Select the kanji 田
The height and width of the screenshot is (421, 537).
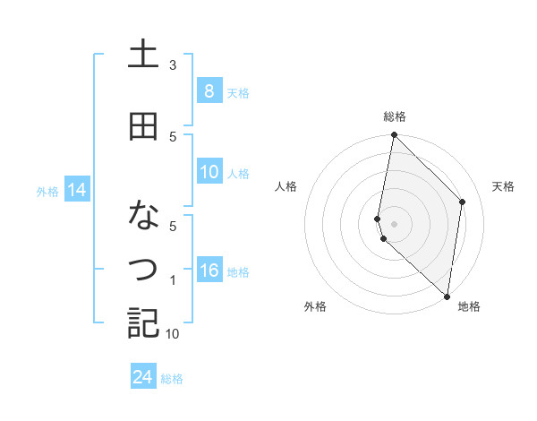point(143,126)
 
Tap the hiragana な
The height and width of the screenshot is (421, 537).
point(143,216)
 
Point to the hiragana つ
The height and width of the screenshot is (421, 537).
point(143,268)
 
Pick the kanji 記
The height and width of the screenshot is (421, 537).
point(143,322)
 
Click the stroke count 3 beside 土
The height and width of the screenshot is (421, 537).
point(173,65)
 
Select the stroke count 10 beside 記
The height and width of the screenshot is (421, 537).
point(173,334)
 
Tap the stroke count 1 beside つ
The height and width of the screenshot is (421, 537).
point(173,280)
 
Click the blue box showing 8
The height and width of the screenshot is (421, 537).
point(209,90)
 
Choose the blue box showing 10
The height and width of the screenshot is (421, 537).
point(209,173)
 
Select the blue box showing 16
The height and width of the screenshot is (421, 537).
point(209,271)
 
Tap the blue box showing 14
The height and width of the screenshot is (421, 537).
point(76,190)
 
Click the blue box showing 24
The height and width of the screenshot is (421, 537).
point(142,377)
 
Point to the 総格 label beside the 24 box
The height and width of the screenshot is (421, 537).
point(172,379)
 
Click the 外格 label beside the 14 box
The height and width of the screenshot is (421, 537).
point(47,191)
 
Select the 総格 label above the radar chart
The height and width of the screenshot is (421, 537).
point(394,116)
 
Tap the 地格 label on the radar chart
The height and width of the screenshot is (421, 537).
point(469,306)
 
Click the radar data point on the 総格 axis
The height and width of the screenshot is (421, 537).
point(394,135)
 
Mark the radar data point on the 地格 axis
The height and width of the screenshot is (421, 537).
point(447,296)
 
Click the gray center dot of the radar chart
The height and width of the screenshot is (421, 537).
point(394,223)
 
